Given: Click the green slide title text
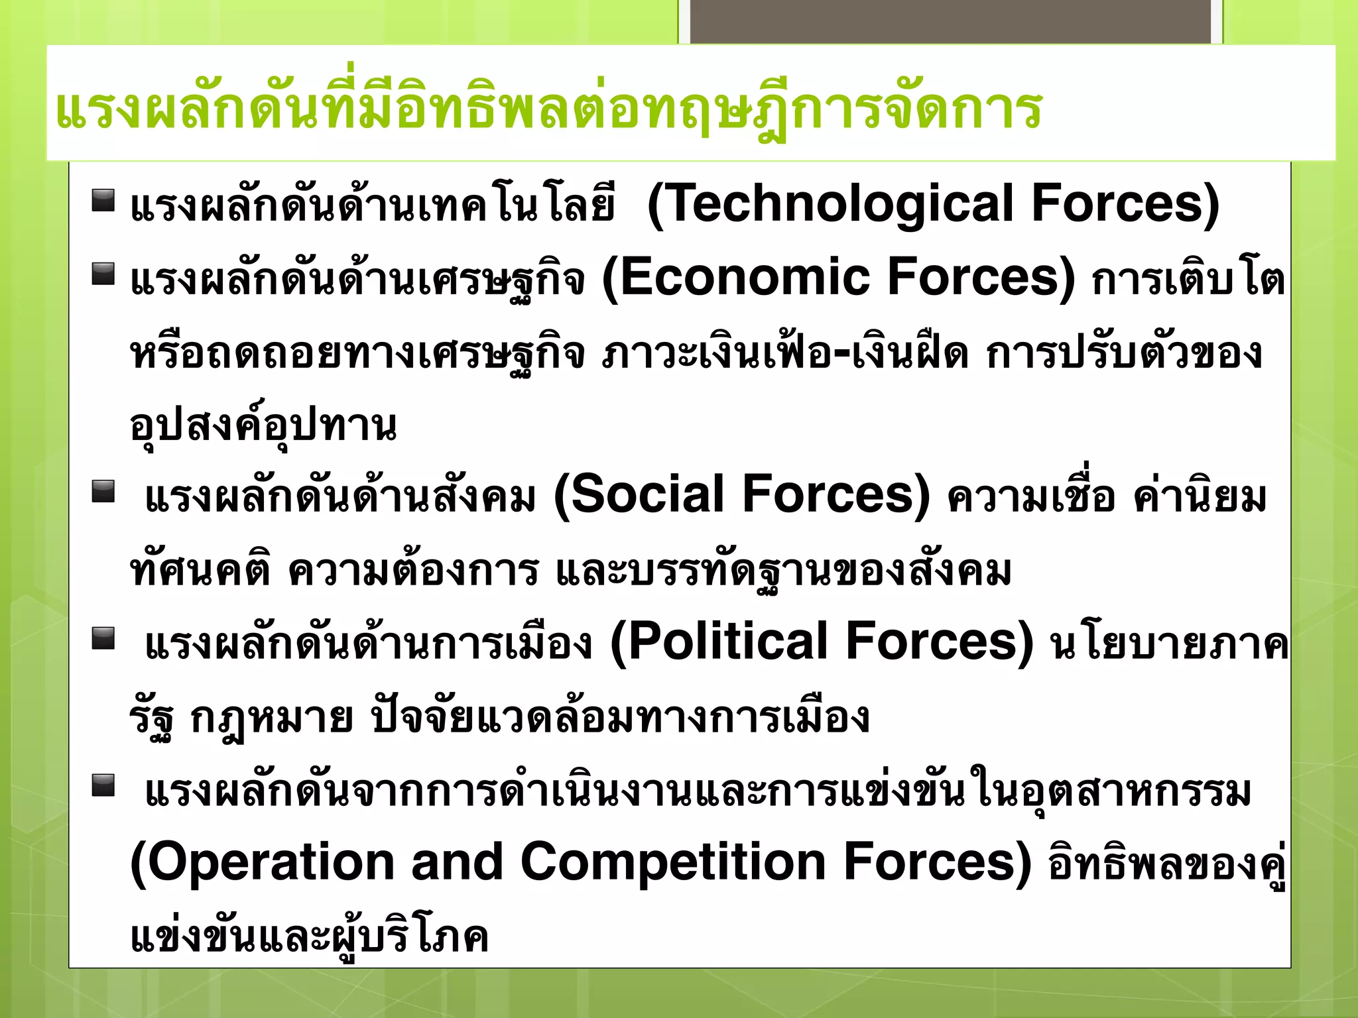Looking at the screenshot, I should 548,109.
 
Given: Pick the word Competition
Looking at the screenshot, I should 673,863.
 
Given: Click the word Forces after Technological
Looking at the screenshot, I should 1125,204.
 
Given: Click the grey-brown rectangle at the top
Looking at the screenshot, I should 950,22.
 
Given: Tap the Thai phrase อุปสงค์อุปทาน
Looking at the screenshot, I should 263,425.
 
